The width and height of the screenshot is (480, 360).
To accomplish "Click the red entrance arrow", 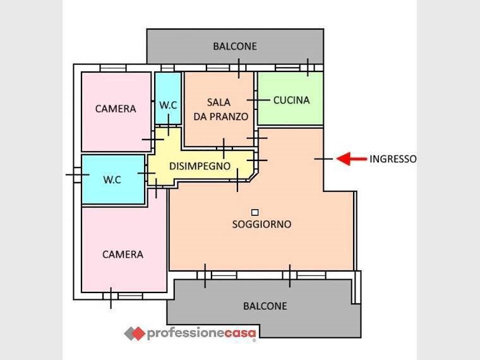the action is [x=351, y=159].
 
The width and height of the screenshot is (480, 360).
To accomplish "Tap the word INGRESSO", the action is [x=393, y=159].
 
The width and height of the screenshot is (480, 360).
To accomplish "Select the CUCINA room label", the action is [x=291, y=100].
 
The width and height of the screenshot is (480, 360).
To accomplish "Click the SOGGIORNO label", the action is [x=261, y=224].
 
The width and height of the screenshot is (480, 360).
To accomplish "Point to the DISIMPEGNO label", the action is [x=200, y=166].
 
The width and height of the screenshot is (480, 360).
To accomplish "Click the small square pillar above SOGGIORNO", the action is [x=255, y=212].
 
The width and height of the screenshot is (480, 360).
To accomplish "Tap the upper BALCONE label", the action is [x=235, y=46].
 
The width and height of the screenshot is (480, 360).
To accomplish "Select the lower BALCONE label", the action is [x=265, y=306].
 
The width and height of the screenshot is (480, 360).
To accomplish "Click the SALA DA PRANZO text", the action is [x=220, y=109].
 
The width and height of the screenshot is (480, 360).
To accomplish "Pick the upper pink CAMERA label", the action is [x=116, y=109].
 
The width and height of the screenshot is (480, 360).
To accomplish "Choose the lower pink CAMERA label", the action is [x=123, y=255].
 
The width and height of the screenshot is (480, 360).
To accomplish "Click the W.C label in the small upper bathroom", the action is [x=168, y=105].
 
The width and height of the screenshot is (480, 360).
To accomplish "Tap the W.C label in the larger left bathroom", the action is [x=112, y=179].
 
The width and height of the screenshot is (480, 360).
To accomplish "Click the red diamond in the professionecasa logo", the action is [x=138, y=333].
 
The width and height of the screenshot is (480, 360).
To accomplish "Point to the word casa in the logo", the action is [x=240, y=333].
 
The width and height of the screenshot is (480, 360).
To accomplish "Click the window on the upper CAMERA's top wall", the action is [x=113, y=68].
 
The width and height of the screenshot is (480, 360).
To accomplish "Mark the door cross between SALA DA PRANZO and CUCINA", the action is [x=258, y=100].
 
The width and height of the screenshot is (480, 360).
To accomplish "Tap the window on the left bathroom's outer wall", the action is [x=78, y=175].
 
